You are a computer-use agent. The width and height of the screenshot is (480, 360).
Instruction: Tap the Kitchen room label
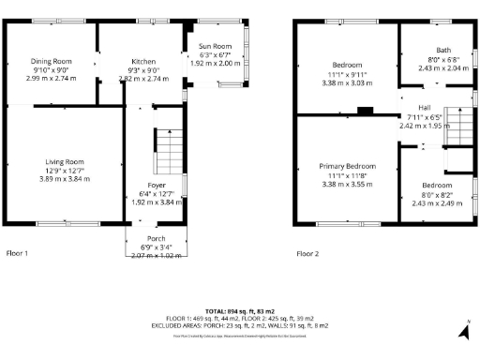(x=142, y=61)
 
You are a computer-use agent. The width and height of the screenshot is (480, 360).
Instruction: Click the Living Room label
(x=64, y=161)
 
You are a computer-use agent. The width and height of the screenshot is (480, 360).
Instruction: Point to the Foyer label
(x=157, y=185)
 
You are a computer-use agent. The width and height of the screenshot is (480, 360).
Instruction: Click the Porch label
(x=156, y=238)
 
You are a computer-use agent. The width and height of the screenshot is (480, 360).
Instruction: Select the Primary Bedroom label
(x=347, y=166)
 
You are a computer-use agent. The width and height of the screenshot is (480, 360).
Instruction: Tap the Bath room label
(x=443, y=50)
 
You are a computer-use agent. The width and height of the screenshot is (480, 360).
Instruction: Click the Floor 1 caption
(x=18, y=253)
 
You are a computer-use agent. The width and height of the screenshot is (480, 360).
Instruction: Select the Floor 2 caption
(x=307, y=253)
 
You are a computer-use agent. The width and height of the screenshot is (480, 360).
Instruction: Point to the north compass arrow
(x=463, y=330)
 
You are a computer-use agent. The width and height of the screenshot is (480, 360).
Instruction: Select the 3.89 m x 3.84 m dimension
(x=64, y=178)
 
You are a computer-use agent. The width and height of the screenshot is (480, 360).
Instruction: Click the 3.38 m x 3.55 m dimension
(x=347, y=184)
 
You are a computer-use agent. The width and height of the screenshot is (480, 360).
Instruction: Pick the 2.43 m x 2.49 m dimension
(x=437, y=202)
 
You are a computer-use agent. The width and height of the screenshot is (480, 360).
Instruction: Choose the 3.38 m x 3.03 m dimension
(x=347, y=82)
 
